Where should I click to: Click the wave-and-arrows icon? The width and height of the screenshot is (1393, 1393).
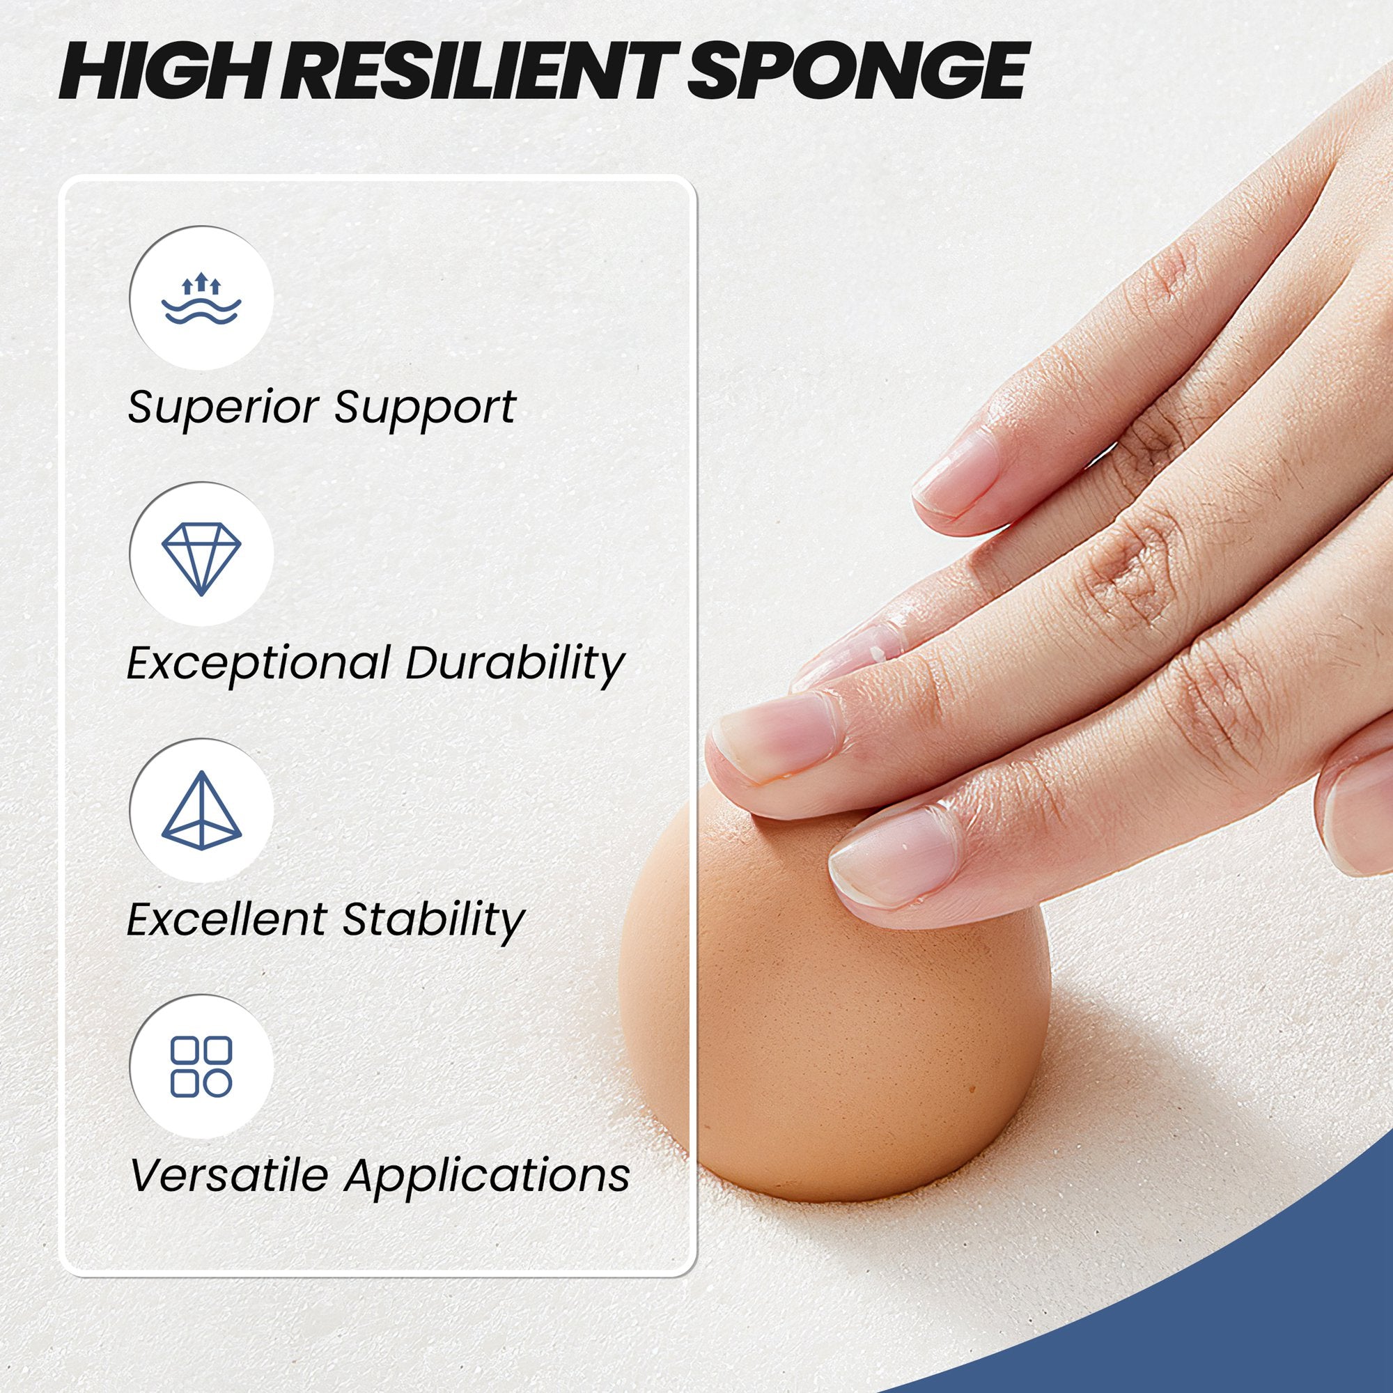pos(201,299)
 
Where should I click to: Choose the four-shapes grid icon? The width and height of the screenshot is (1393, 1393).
pos(201,1066)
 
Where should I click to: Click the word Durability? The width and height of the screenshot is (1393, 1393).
pos(514,662)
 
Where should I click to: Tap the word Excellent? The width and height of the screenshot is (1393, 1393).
pos(225,919)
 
